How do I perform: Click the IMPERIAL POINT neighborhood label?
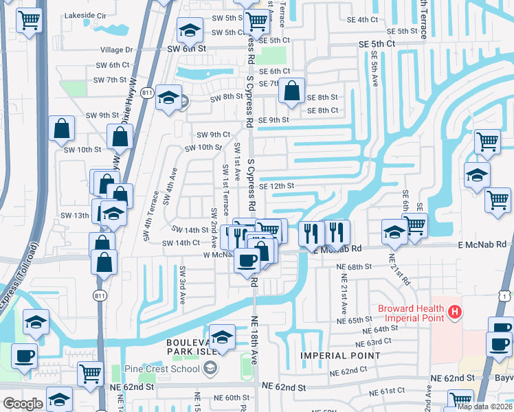[x=339, y=355]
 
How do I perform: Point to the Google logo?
[x=23, y=404]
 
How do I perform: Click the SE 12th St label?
[x=276, y=186]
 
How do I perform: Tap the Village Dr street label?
[x=116, y=50]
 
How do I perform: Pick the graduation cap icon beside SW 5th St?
[x=190, y=30]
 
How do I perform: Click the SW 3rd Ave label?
[x=183, y=286]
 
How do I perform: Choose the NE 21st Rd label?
[x=400, y=269]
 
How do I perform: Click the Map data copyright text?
[x=484, y=407]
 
